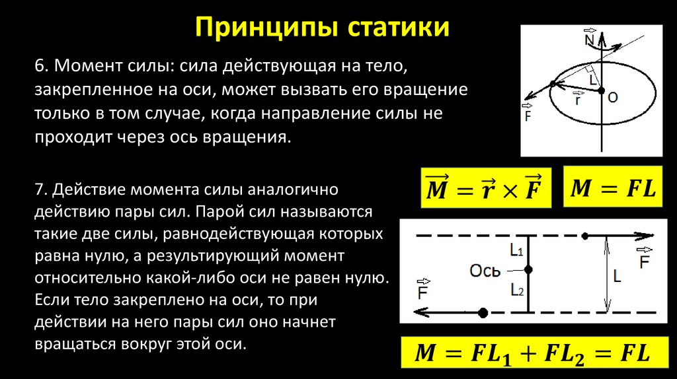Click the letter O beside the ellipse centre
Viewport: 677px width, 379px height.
(612, 97)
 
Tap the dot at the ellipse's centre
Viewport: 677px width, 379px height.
(601, 90)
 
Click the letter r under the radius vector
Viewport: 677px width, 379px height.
(577, 101)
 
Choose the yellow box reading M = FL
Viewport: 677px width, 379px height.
(612, 189)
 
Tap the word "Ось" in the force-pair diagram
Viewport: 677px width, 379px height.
(484, 269)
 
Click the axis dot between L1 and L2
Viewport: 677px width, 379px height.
(528, 269)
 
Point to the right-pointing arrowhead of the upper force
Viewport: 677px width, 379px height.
(644, 235)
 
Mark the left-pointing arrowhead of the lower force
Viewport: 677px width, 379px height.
(419, 312)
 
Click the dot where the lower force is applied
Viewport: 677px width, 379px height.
(483, 312)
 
